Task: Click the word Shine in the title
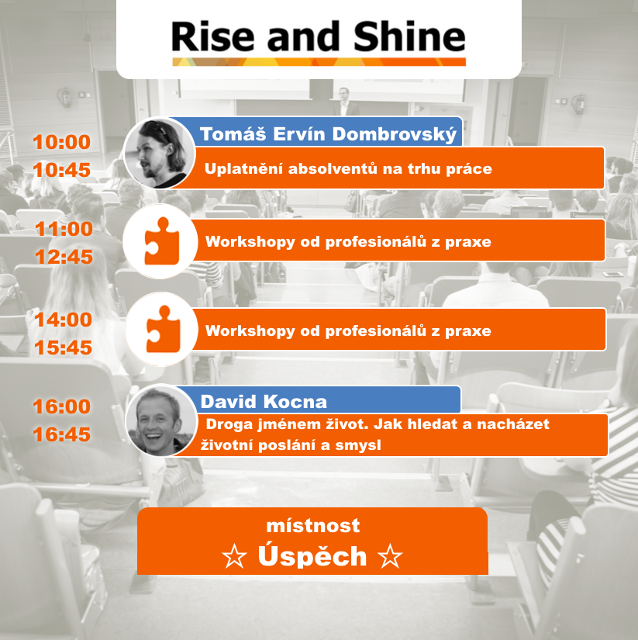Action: pos(409,36)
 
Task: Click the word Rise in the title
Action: pos(213,36)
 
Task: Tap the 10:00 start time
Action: pos(61,142)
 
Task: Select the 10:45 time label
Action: pos(61,170)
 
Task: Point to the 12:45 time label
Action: pos(64,257)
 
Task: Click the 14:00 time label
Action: pos(64,320)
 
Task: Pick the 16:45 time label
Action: pos(61,434)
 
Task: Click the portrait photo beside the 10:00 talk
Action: pos(160,153)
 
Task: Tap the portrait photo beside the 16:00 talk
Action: pos(160,420)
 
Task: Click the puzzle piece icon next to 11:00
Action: pos(162,240)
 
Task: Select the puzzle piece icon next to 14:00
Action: pos(163,329)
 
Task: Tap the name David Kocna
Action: pos(264,402)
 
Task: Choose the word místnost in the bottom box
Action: pos(313,525)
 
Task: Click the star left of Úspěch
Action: pos(235,556)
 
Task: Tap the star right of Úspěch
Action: pos(390,556)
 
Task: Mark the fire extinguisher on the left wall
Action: pos(65,97)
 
